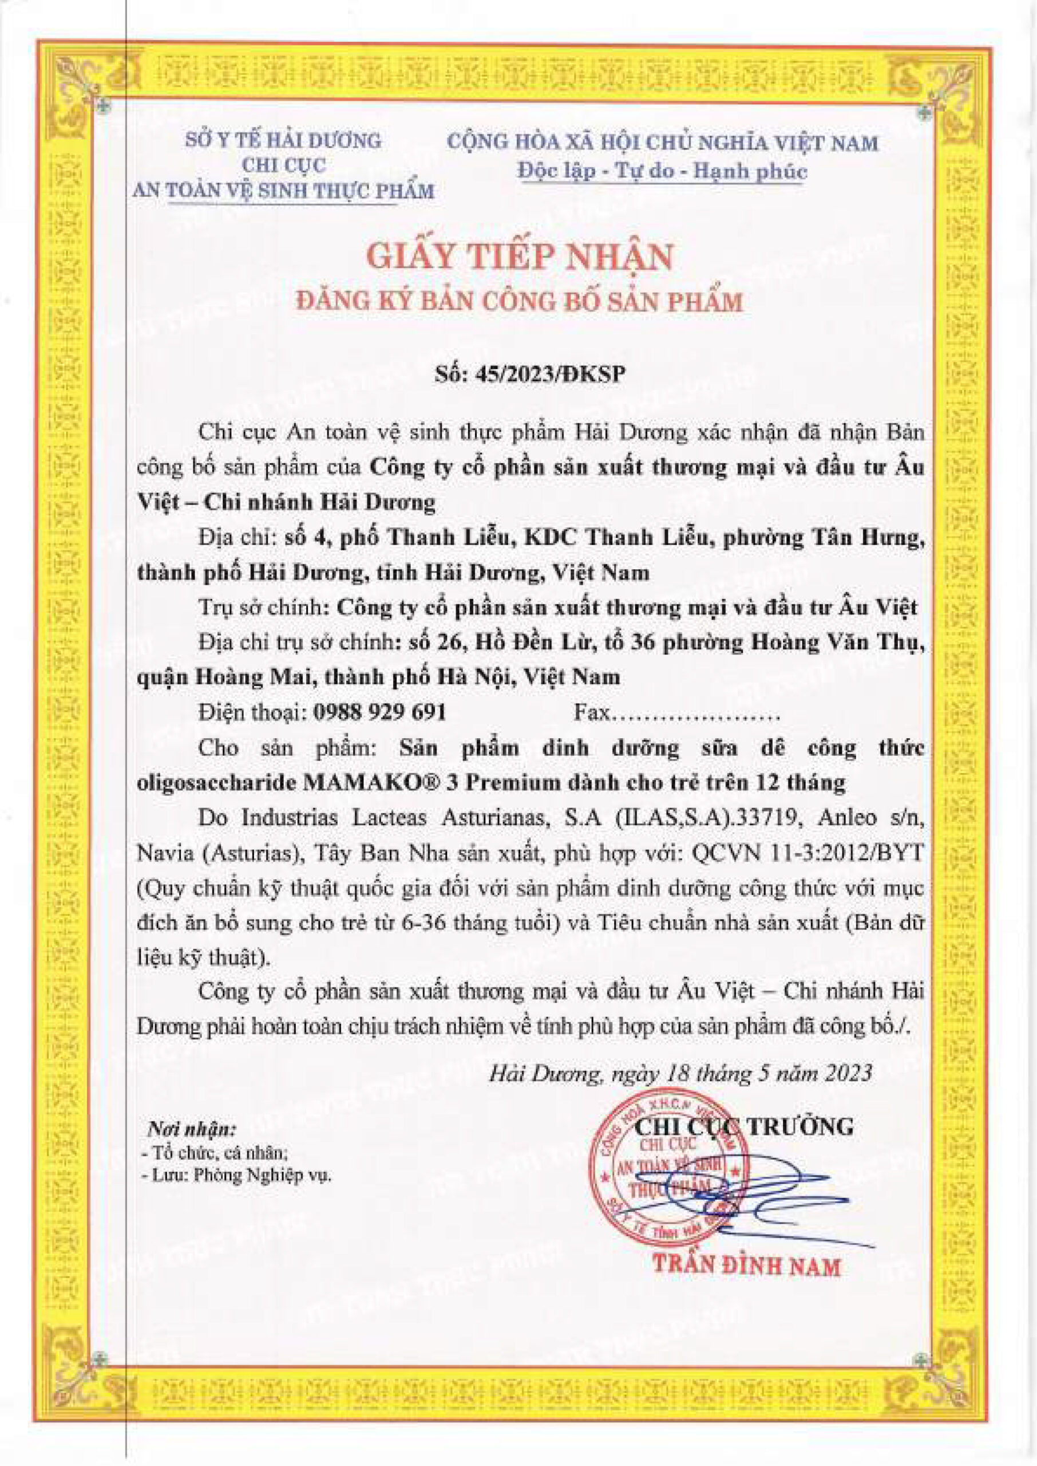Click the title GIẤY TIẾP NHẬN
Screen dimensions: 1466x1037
(520, 258)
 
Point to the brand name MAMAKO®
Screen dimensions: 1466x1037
(362, 782)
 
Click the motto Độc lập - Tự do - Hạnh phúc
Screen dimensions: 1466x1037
(662, 171)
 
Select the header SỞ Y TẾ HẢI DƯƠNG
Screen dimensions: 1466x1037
(283, 140)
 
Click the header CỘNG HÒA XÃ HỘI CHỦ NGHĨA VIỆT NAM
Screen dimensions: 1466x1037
(662, 143)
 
